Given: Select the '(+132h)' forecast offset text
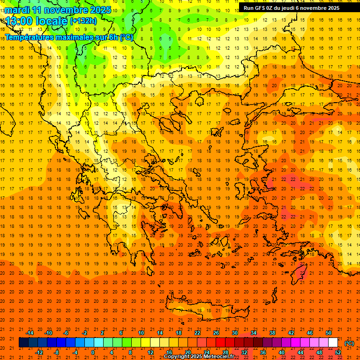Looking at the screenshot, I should pyautogui.click(x=83, y=21).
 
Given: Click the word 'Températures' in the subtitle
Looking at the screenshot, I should pyautogui.click(x=29, y=37).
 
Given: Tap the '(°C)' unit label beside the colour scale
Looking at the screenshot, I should pyautogui.click(x=349, y=343).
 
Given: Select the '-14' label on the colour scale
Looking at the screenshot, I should pyautogui.click(x=30, y=333).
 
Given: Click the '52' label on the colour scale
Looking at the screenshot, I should pyautogui.click(x=338, y=352).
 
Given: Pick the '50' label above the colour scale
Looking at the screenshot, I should pyautogui.click(x=329, y=333).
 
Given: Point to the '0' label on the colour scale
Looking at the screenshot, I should pyautogui.click(x=93, y=352).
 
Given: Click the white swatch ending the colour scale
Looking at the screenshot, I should pyautogui.click(x=333, y=343).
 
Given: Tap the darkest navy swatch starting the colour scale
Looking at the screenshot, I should pyautogui.click(x=23, y=343).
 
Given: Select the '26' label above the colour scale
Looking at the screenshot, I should pyautogui.click(x=216, y=333).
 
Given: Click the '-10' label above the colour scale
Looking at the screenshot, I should pyautogui.click(x=48, y=333).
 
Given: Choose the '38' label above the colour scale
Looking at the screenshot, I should pyautogui.click(x=272, y=333).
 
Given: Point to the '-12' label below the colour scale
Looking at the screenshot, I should pyautogui.click(x=39, y=352).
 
